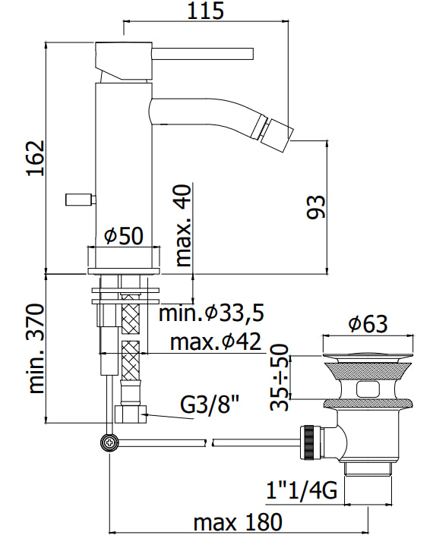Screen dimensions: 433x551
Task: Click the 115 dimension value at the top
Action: click(x=205, y=11)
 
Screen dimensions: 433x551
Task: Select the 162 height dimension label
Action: click(x=36, y=158)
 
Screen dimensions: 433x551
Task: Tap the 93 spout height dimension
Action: click(x=316, y=207)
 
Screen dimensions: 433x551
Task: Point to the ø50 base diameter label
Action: click(x=124, y=236)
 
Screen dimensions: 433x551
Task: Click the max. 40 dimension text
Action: click(x=183, y=225)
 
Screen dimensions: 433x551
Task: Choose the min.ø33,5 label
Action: click(x=211, y=313)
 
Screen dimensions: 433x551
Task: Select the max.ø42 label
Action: click(x=216, y=341)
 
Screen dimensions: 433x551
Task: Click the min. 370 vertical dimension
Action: click(x=36, y=348)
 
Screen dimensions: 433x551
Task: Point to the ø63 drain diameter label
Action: click(x=368, y=323)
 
